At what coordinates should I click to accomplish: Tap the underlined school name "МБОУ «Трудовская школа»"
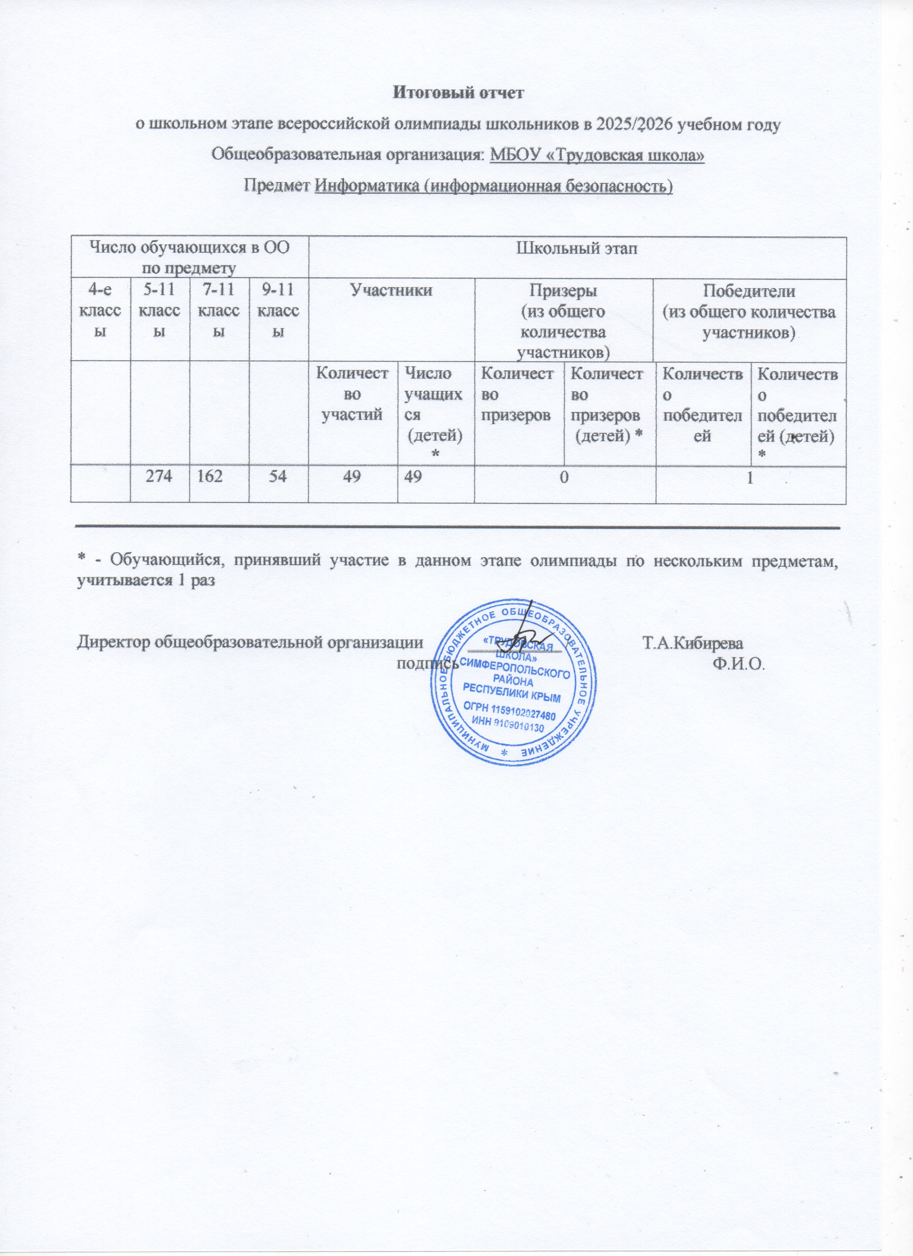pyautogui.click(x=597, y=155)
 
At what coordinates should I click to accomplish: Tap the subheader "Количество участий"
pyautogui.click(x=352, y=394)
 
